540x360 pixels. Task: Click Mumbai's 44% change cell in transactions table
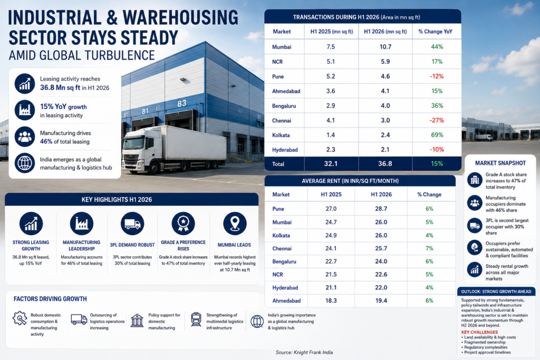437,47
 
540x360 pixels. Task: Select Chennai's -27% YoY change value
437,121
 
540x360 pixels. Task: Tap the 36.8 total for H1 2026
385,164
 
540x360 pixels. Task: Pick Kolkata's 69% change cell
437,135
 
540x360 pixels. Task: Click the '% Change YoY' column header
435,32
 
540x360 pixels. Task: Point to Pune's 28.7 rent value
381,209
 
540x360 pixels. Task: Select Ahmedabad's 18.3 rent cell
331,301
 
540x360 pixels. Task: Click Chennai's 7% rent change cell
429,248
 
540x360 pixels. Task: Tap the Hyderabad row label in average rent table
285,288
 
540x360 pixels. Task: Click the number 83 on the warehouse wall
182,103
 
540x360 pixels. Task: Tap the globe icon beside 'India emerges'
25,163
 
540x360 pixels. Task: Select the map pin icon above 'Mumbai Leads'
235,223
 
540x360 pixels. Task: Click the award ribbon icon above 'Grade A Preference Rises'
183,223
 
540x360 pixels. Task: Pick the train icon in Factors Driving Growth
196,319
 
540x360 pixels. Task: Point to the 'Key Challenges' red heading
479,332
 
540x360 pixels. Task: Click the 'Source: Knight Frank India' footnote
304,353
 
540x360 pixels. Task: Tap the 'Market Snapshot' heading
500,163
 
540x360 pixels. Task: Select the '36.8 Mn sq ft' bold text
60,88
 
